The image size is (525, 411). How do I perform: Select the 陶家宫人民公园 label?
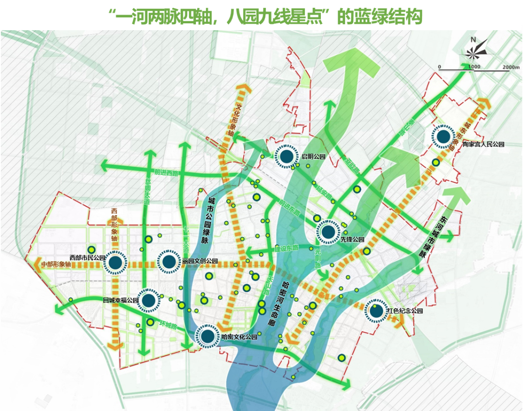click(483, 144)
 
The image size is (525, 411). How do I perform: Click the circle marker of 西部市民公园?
click(115, 263)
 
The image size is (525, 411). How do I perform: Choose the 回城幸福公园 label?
click(121, 301)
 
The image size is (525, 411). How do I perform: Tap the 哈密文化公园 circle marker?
click(207, 336)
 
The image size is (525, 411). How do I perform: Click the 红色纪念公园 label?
click(404, 311)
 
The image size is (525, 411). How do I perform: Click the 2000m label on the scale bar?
click(512, 67)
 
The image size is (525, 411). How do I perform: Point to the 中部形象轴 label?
click(56, 265)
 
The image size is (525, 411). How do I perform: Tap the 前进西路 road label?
click(166, 172)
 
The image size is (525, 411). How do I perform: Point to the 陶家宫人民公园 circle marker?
click(443, 137)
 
